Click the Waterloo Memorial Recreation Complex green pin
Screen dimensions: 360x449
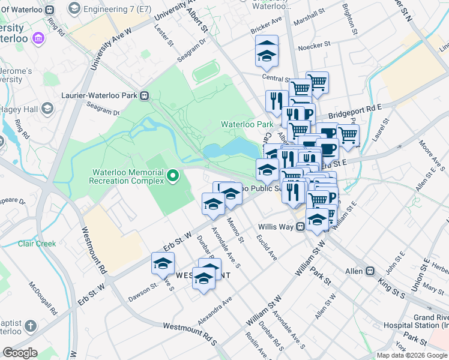(173, 176)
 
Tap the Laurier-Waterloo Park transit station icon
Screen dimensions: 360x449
(145, 95)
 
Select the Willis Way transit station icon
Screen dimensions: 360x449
(300, 227)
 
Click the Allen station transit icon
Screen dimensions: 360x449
(370, 271)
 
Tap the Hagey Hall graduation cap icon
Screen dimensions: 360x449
(48, 108)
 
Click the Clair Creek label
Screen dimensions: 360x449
(37, 244)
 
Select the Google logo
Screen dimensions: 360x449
(20, 353)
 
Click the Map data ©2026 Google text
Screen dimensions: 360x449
(412, 355)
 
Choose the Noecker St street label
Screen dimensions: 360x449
(315, 44)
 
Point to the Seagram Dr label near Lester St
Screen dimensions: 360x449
(191, 50)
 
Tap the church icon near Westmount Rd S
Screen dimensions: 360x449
(31, 326)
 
